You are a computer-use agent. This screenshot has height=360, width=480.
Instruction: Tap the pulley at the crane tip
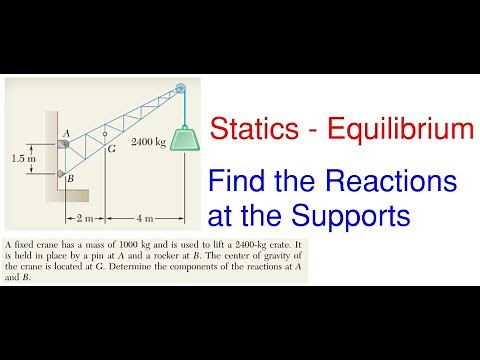click(180, 88)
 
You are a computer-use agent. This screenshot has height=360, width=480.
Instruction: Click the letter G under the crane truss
click(111, 149)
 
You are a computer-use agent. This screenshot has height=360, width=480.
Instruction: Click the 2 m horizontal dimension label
click(85, 216)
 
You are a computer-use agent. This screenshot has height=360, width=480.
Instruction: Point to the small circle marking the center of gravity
click(104, 131)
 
